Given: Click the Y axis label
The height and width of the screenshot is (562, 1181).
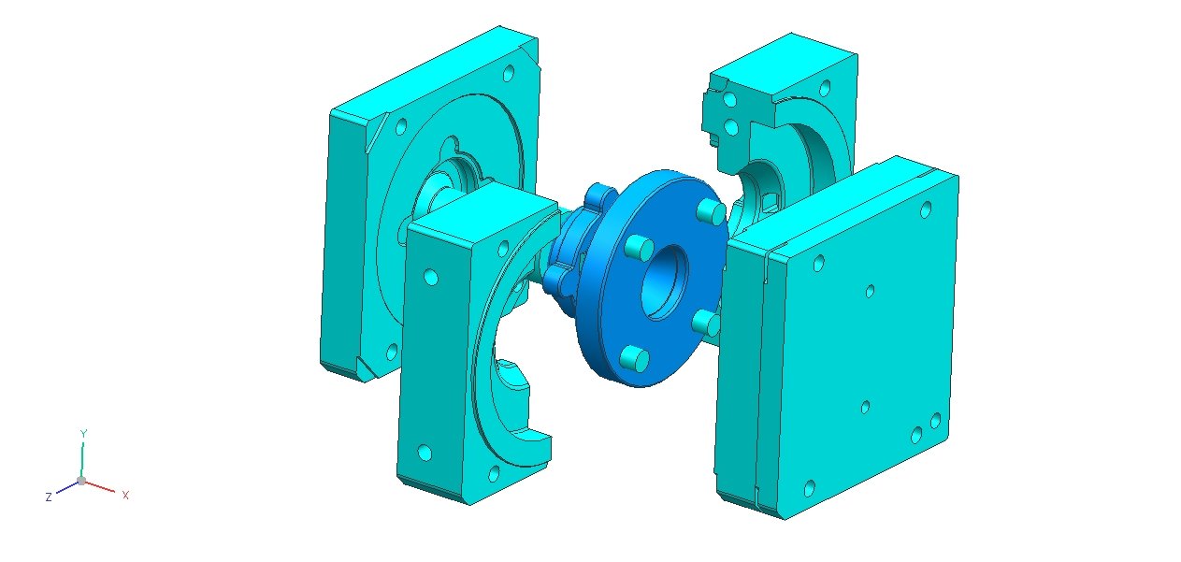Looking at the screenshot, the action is point(83,434).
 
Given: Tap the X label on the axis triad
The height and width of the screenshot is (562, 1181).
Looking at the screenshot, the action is point(125,495).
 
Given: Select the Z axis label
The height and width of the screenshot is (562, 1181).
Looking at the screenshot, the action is point(49,497).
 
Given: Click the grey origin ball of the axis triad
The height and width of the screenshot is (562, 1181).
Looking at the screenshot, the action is point(81,481).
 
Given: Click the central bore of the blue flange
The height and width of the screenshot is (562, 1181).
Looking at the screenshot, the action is point(665,282).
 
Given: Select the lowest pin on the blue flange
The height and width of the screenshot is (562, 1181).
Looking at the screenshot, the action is point(634,358).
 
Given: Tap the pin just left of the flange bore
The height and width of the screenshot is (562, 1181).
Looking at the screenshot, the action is point(639,247).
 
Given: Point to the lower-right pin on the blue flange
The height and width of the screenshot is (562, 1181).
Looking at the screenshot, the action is point(707,323).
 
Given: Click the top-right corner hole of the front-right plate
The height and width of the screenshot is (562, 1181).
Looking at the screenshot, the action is point(926,209).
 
